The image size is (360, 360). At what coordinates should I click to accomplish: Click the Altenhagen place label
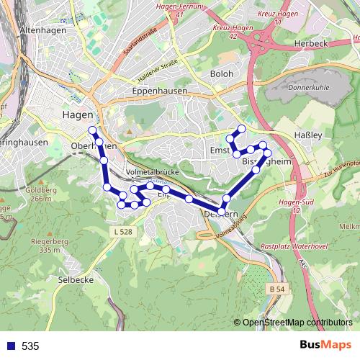(x=45, y=30)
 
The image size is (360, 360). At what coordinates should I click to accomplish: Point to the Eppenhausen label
(x=160, y=91)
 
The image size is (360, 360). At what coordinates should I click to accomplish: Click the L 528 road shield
(x=123, y=231)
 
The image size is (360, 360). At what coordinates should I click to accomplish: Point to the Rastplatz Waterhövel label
(x=294, y=246)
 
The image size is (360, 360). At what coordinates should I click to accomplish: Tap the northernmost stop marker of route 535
(x=92, y=130)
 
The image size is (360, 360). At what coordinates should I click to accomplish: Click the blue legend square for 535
(x=11, y=346)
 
